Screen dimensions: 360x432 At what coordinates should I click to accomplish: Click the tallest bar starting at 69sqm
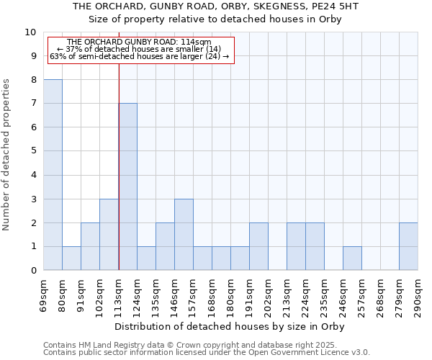click(53, 175)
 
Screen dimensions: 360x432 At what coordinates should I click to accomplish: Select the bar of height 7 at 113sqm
click(127, 186)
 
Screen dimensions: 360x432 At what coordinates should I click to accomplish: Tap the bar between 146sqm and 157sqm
click(184, 234)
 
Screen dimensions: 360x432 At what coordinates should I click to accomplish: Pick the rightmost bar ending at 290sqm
click(408, 246)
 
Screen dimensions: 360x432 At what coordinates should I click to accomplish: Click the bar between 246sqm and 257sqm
click(352, 258)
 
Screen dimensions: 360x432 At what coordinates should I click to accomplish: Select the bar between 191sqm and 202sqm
click(258, 246)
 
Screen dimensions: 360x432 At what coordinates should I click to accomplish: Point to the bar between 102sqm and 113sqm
click(109, 234)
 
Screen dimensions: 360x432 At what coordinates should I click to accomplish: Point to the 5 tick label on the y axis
click(32, 151)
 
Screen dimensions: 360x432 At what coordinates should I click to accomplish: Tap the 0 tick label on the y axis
click(32, 271)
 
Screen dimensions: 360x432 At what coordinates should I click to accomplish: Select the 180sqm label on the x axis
click(231, 295)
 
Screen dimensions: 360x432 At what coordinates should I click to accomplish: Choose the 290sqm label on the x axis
click(418, 295)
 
